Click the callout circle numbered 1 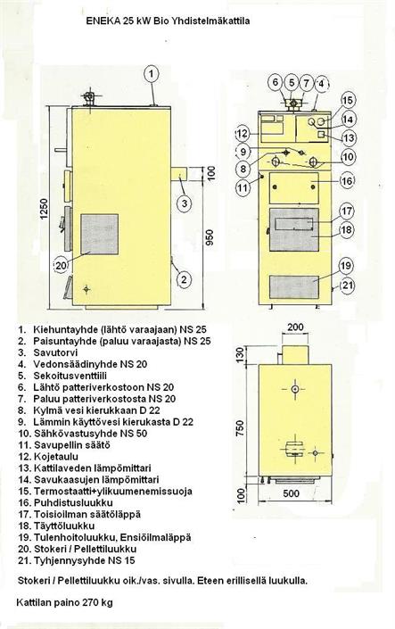click(152, 74)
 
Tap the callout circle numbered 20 click(61, 266)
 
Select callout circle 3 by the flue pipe click(185, 203)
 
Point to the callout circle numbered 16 click(347, 181)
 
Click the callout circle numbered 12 click(242, 133)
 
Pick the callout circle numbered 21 click(347, 286)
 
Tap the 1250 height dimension click(44, 209)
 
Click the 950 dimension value click(209, 237)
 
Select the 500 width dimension click(291, 493)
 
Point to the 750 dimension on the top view click(240, 430)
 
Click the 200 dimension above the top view click(295, 327)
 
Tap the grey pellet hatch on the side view click(100, 235)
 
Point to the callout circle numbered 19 click(346, 266)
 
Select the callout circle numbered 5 click(292, 83)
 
